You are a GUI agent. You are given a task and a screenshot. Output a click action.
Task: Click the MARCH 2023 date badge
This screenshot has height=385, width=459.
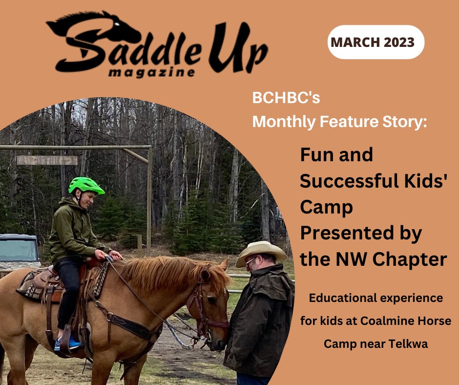[376, 42]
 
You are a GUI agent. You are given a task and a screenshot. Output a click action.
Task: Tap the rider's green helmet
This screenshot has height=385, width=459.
[86, 186]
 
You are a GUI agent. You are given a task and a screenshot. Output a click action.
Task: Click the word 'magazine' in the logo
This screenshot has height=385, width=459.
[152, 72]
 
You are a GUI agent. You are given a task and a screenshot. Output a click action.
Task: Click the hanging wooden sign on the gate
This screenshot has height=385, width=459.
[47, 160]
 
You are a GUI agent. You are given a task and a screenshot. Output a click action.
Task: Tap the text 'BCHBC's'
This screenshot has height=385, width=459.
[286, 98]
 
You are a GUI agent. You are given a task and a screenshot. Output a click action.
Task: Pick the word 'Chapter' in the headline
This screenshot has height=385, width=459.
[410, 259]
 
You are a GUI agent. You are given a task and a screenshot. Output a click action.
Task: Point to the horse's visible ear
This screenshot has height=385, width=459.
[225, 264]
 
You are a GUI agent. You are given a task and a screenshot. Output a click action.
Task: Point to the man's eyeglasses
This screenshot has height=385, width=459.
[250, 260]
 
